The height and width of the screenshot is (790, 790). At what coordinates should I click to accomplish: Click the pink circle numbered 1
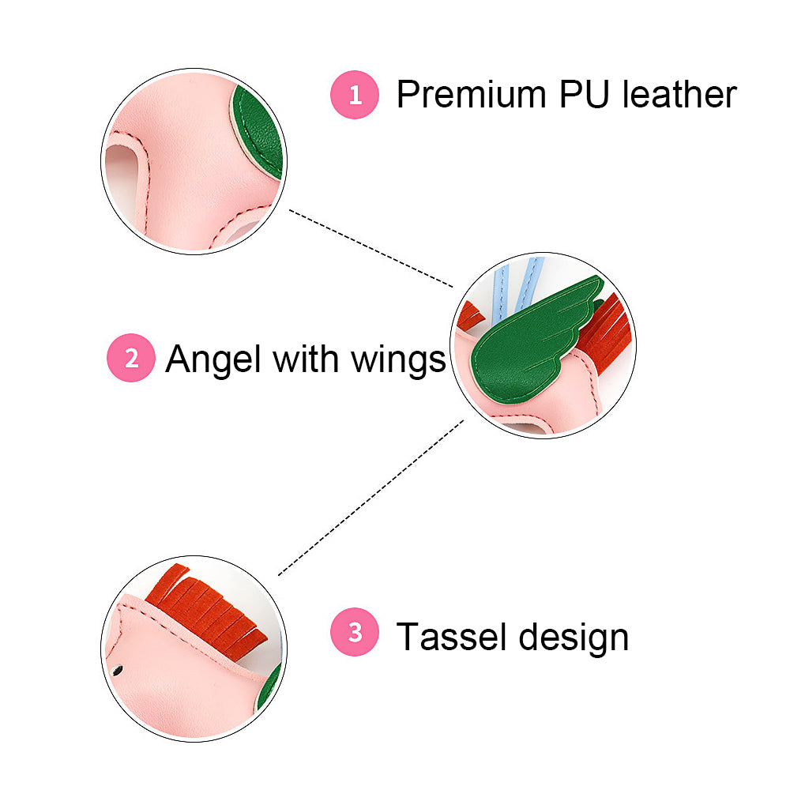tap(355, 95)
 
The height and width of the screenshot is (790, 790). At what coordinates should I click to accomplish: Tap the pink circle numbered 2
tap(131, 359)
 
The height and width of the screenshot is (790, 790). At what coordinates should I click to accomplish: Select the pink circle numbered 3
tap(355, 633)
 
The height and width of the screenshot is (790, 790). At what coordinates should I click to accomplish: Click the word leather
tap(679, 95)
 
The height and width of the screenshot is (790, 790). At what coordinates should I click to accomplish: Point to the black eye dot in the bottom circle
tap(118, 671)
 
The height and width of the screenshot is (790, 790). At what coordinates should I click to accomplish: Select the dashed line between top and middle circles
tap(371, 248)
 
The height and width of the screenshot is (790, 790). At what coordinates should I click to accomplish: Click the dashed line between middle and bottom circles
tap(371, 497)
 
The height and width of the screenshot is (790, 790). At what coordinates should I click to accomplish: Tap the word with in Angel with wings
tap(304, 359)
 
